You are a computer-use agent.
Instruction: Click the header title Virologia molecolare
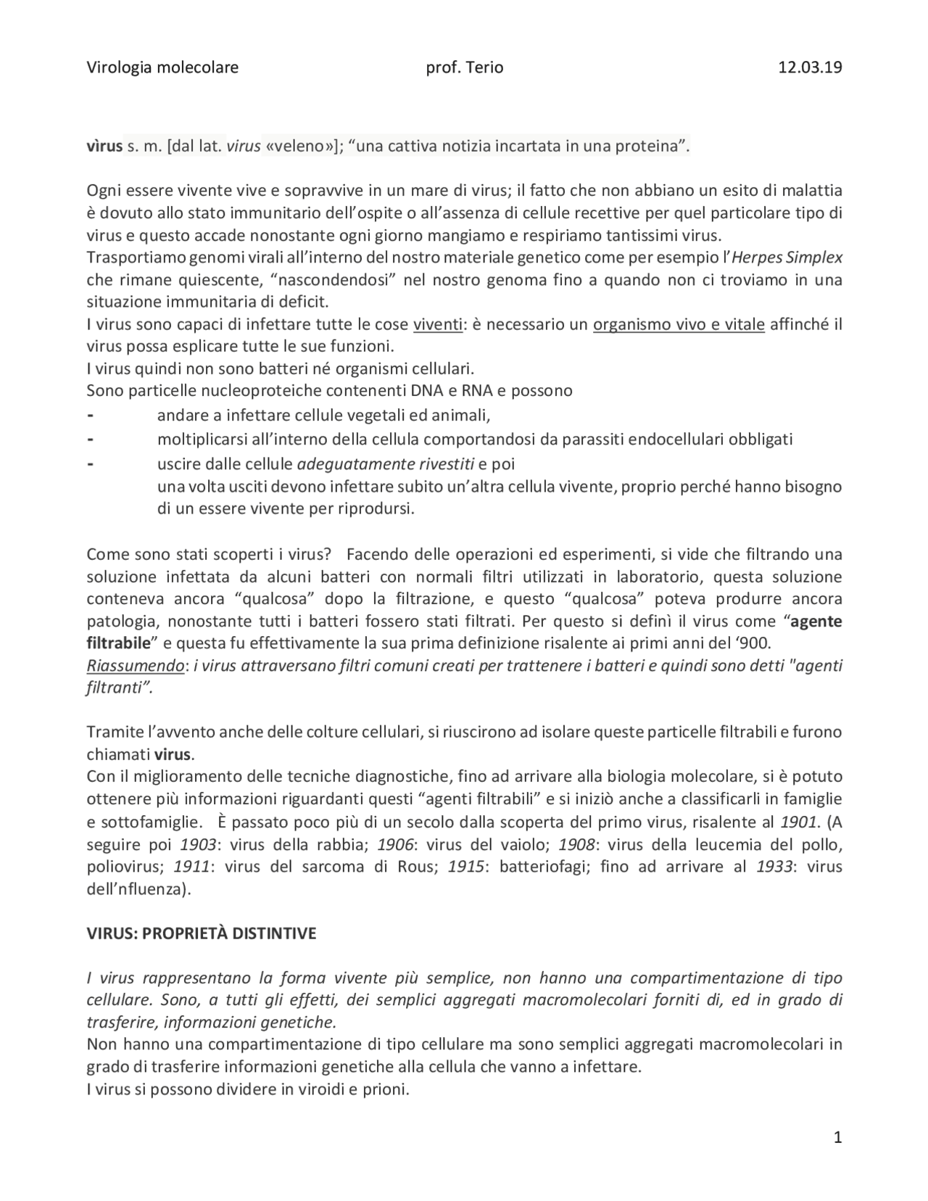coord(162,68)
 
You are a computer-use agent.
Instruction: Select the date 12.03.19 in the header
coord(810,68)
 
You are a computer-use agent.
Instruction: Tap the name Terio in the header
coord(483,68)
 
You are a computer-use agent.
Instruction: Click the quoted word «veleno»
coord(299,147)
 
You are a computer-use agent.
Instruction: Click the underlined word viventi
coord(437,325)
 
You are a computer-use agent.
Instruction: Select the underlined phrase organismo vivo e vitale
coord(679,325)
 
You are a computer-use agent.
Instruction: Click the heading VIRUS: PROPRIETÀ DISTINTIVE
coord(202,934)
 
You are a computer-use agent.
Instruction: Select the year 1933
coord(774,867)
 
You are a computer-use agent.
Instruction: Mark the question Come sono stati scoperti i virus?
coord(209,555)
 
